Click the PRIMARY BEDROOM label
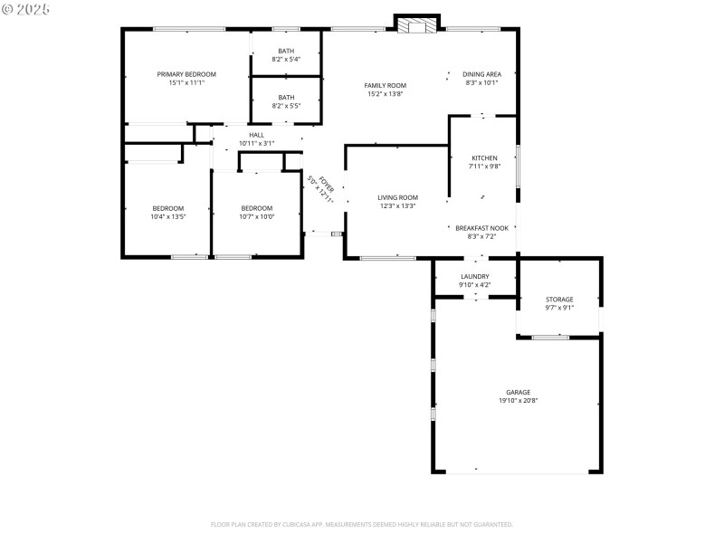tap(186, 74)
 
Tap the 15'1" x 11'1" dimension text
tap(186, 82)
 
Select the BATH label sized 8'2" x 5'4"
tap(286, 51)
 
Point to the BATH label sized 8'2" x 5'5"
tap(286, 98)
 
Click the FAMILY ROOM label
tap(386, 86)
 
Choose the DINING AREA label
tap(481, 74)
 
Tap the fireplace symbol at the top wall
tap(417, 25)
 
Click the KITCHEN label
tap(484, 158)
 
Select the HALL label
tap(256, 135)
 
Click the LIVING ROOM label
tap(398, 197)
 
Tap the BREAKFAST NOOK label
tap(483, 228)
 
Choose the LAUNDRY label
tap(475, 277)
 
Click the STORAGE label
tap(559, 300)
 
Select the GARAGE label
tap(519, 392)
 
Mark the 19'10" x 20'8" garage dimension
tap(519, 401)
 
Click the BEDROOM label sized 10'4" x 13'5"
tap(167, 208)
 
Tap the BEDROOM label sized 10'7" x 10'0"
tap(257, 208)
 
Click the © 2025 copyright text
tap(26, 9)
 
